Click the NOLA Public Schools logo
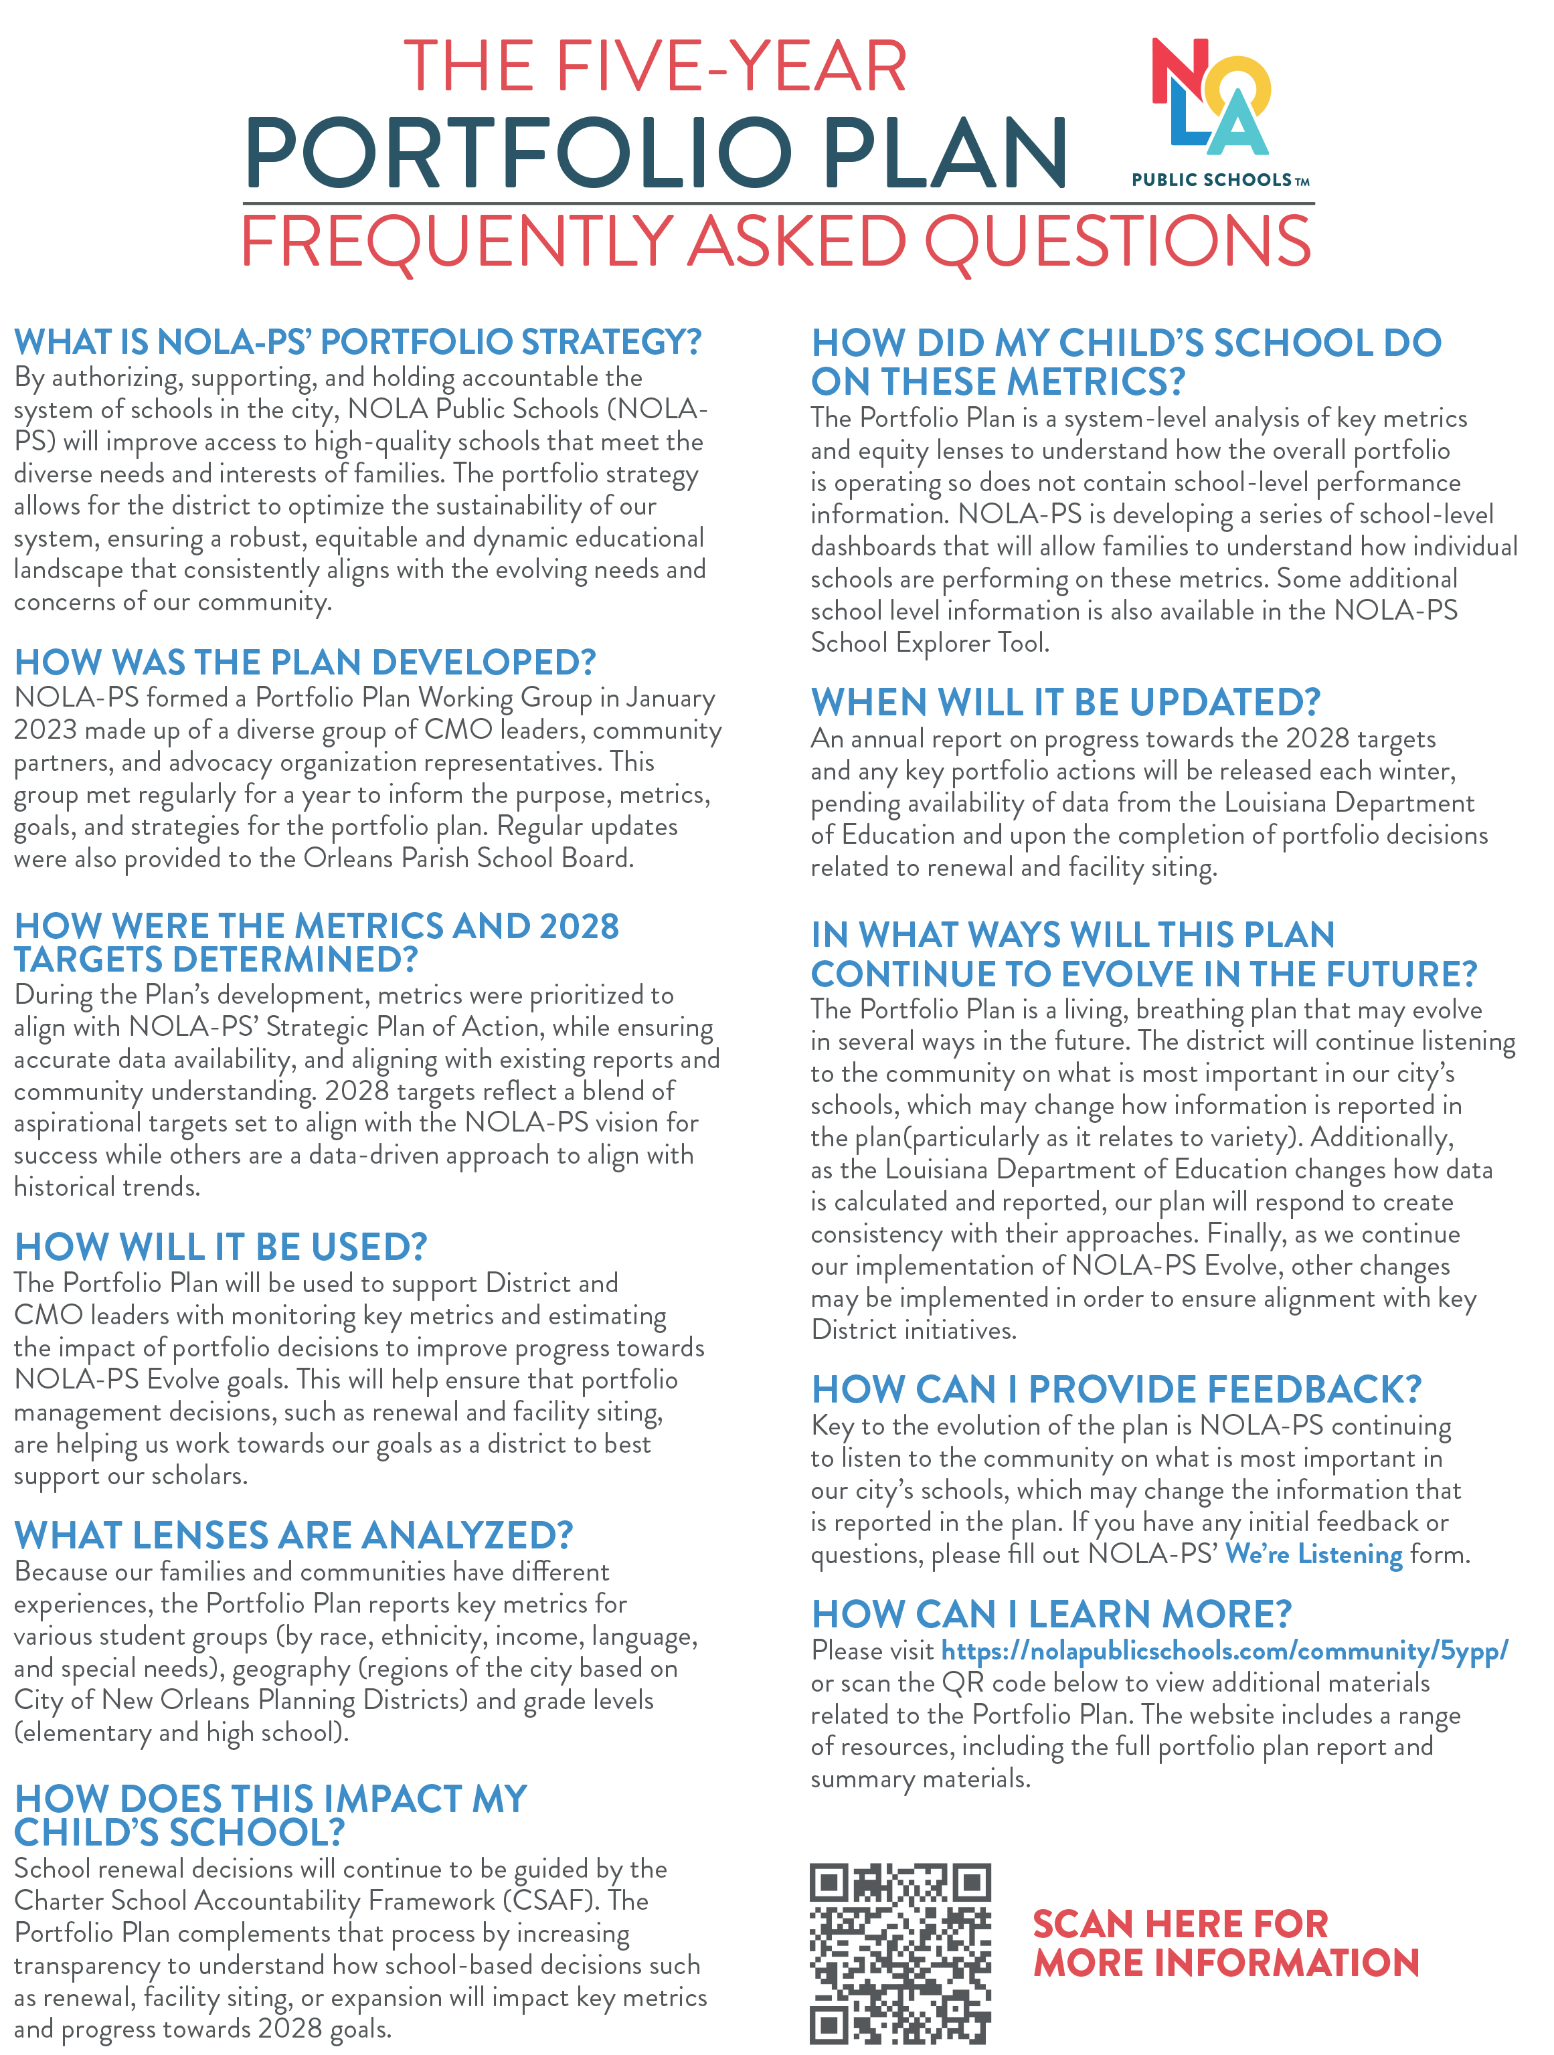click(x=1211, y=98)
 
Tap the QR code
click(x=899, y=1952)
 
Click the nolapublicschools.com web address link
click(x=1224, y=1650)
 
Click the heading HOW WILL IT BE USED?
click(x=221, y=1247)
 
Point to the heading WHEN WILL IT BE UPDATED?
click(x=1065, y=703)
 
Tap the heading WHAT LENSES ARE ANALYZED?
click(x=294, y=1536)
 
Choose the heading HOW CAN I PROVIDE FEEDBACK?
click(x=1116, y=1390)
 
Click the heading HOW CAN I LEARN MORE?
click(x=1051, y=1615)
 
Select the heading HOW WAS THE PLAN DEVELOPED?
click(x=305, y=662)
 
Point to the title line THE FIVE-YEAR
click(x=655, y=67)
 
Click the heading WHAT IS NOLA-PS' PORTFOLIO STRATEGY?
click(x=357, y=342)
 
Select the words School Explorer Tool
click(x=930, y=643)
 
